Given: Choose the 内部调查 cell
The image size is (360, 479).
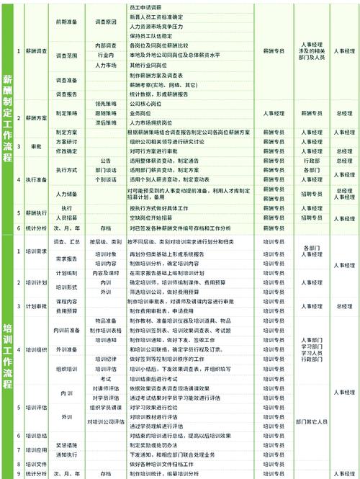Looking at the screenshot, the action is click(x=105, y=45).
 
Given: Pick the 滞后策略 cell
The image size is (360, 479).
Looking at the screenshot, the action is click(x=105, y=123).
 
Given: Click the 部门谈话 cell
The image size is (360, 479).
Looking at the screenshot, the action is click(x=105, y=170).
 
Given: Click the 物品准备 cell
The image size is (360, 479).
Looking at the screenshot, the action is click(x=105, y=320).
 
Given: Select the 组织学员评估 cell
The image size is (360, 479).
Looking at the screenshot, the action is click(x=105, y=407).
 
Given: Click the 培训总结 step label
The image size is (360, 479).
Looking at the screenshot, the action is click(x=37, y=436).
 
